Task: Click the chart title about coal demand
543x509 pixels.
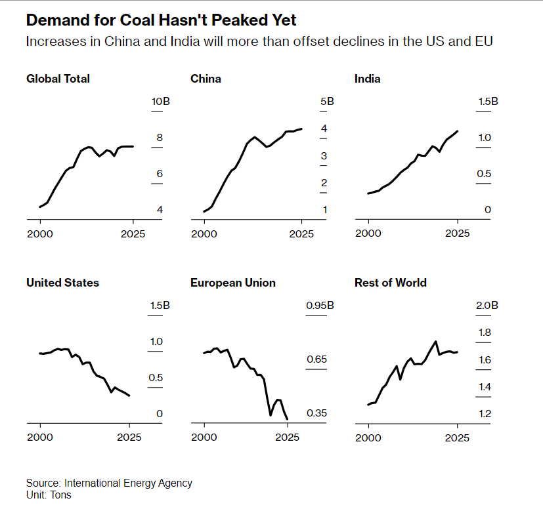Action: click(162, 20)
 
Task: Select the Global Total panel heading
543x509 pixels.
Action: click(58, 79)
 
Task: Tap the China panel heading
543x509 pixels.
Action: click(206, 79)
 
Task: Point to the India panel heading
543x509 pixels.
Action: click(367, 79)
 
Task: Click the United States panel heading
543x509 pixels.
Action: click(62, 283)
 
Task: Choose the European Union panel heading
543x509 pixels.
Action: click(232, 283)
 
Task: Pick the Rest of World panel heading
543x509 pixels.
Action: click(390, 283)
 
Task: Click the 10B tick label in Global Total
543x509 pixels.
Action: click(161, 102)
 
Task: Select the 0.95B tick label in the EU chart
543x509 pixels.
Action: click(319, 306)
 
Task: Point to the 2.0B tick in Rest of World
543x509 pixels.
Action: click(487, 306)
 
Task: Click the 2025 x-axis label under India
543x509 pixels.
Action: click(458, 233)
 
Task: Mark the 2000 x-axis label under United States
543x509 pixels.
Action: click(40, 437)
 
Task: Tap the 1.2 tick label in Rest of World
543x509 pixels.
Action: click(485, 413)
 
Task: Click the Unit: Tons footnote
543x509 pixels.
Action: click(49, 495)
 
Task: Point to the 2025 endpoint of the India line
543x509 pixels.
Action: click(458, 131)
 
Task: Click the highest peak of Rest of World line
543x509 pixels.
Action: click(435, 341)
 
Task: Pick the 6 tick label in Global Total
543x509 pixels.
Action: click(159, 174)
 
